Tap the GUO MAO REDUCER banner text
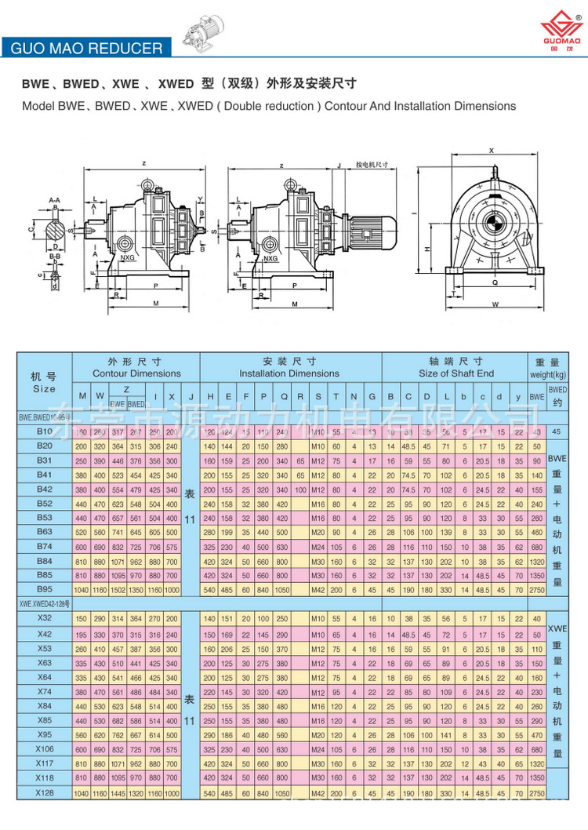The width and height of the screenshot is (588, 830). point(87,49)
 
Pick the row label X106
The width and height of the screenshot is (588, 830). point(45,749)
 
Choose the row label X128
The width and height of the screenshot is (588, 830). point(45,794)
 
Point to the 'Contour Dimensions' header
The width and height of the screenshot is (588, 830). point(136,373)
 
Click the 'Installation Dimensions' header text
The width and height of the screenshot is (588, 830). point(289,373)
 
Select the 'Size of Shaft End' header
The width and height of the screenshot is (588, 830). point(456,373)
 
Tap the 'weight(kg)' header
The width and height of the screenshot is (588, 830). point(546,373)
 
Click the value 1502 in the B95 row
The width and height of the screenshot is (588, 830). point(117,588)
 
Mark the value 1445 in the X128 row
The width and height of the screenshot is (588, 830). point(117,794)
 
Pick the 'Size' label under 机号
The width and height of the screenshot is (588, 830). point(45,388)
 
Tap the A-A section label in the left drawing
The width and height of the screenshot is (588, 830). point(53,201)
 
